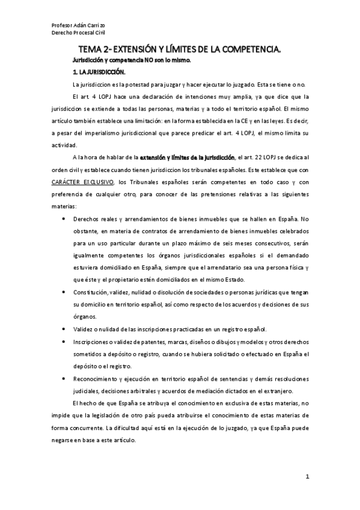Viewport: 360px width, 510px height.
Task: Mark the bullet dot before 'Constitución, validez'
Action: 64,292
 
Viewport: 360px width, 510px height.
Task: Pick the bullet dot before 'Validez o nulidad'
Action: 64,329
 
